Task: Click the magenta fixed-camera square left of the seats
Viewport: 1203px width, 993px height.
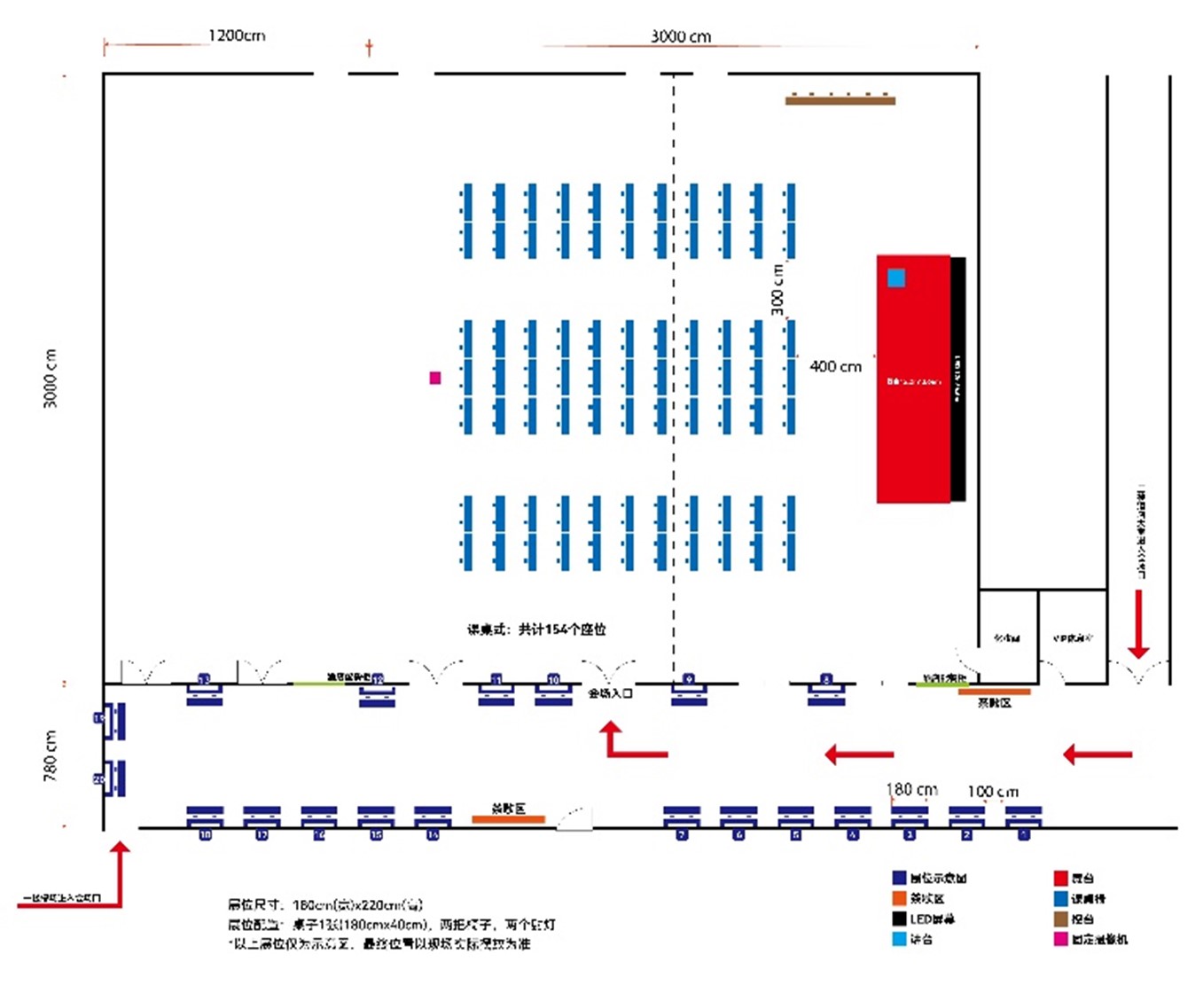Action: point(434,378)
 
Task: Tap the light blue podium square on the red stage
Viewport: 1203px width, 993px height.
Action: point(896,278)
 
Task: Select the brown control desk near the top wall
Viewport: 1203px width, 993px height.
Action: point(840,100)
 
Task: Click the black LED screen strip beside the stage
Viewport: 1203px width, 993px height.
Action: point(957,379)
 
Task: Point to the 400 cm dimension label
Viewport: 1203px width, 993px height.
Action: point(835,366)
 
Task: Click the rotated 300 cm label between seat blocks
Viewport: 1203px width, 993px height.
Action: point(777,289)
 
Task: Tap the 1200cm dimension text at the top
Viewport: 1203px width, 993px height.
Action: point(236,35)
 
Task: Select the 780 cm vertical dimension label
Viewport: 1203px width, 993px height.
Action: point(50,755)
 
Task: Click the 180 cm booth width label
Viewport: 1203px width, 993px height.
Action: point(911,789)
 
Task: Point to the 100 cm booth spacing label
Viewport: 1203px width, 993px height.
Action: point(993,791)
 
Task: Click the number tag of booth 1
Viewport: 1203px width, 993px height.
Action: point(1024,835)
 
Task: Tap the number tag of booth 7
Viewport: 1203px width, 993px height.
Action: point(682,835)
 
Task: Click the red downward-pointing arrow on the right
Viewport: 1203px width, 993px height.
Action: point(1138,624)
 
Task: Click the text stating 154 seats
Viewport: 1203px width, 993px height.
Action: point(536,629)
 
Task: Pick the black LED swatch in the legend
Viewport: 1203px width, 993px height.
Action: point(899,919)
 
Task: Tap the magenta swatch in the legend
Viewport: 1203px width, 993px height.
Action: point(1060,939)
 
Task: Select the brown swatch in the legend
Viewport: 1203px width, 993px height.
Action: point(1060,919)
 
